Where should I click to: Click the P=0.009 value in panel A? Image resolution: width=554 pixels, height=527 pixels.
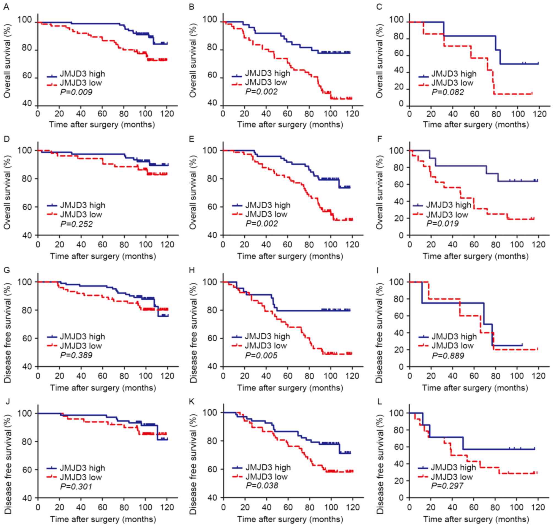click(x=76, y=92)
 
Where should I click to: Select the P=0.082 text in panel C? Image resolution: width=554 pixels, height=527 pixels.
click(x=448, y=92)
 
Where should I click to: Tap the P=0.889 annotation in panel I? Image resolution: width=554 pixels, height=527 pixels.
click(x=448, y=355)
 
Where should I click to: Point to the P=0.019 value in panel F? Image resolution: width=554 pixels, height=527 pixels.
click(x=442, y=224)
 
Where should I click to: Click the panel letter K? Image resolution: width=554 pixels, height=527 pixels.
click(x=192, y=401)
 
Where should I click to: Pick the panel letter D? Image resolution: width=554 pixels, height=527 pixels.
click(x=6, y=139)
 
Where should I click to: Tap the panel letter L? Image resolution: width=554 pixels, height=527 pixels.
click(x=379, y=401)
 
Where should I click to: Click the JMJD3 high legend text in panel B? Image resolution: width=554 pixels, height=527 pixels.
click(x=268, y=73)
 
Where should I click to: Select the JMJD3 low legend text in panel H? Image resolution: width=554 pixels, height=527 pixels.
click(x=266, y=345)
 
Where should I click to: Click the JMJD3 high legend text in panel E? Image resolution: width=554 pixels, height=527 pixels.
click(x=268, y=205)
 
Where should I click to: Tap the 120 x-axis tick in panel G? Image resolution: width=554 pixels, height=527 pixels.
click(x=168, y=376)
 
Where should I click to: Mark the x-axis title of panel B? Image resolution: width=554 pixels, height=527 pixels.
click(x=290, y=125)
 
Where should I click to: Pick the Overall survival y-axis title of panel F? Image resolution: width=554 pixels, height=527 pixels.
click(x=379, y=193)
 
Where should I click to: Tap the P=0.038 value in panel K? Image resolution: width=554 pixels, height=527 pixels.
click(x=262, y=485)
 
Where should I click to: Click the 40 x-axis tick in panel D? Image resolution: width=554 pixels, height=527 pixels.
click(x=81, y=244)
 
